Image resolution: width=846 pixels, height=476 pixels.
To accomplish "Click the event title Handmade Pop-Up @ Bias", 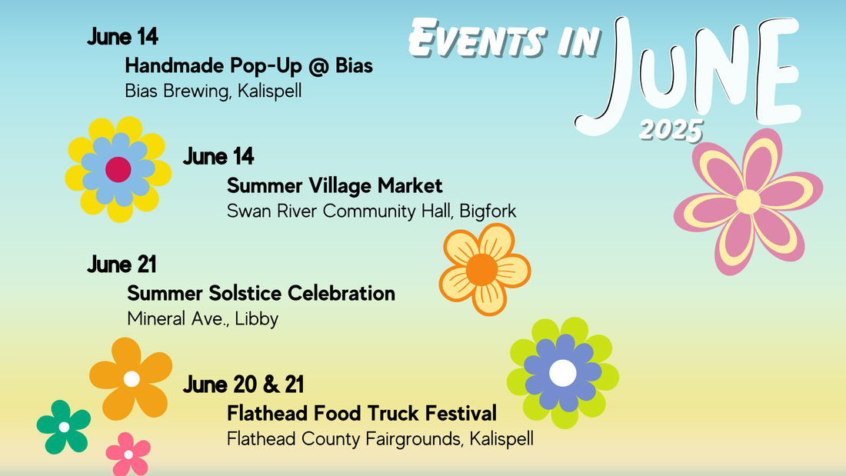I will point(248,66).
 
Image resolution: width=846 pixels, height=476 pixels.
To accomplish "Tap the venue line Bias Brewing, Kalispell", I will point(213,91).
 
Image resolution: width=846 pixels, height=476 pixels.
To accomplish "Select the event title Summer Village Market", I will point(335,186).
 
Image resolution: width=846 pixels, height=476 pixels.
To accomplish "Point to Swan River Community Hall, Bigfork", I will point(371,211).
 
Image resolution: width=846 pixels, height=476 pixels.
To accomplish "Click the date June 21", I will point(122,265).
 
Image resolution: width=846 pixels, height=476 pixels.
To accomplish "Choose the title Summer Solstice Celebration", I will point(261,293).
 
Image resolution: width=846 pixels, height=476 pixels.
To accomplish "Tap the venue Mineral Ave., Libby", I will point(202,318).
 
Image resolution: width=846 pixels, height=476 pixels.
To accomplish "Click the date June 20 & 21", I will point(244,384).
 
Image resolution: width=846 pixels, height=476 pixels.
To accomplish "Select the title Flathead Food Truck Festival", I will point(361,414).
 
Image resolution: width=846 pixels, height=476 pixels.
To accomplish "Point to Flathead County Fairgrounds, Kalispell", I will point(380,439).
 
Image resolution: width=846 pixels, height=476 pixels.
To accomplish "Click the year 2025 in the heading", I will point(671,129).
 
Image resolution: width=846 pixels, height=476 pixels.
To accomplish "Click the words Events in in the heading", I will point(505,38).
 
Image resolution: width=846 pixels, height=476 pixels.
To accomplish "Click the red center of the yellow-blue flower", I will point(118,169).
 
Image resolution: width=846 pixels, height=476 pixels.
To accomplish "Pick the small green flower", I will point(64,427).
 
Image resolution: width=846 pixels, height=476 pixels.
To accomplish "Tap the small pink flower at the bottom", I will point(128,454).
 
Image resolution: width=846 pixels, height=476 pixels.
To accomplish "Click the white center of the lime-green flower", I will point(563,373).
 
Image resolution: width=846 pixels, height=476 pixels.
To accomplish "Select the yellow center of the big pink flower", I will point(748,201).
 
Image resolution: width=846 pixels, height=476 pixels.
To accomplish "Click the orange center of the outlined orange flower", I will point(482,268).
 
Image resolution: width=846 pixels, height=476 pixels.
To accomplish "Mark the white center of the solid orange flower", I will point(132,378).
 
